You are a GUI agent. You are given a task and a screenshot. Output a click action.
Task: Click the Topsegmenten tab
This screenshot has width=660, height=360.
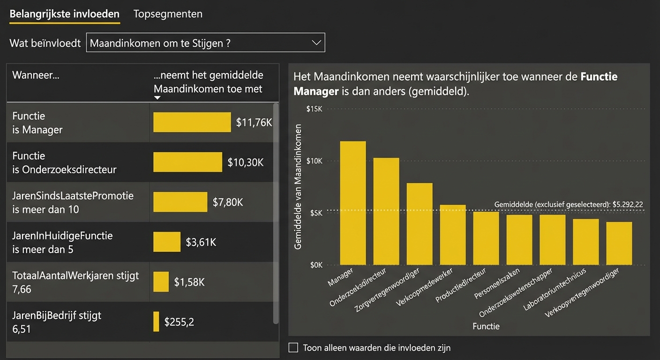(168, 14)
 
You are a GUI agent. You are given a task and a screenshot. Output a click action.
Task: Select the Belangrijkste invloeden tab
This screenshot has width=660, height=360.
(64, 14)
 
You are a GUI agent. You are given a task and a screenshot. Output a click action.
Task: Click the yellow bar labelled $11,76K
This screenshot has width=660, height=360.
(192, 122)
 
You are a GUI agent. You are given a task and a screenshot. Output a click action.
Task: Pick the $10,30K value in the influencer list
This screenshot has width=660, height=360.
(246, 163)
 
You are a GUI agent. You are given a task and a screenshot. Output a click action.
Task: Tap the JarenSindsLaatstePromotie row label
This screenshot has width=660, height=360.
(73, 202)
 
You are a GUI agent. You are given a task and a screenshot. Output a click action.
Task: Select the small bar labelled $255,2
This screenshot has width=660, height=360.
(156, 322)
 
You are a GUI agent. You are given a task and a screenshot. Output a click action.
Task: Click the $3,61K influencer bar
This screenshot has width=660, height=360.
(167, 242)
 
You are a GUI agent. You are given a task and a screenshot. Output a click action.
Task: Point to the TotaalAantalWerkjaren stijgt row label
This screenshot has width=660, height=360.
(75, 282)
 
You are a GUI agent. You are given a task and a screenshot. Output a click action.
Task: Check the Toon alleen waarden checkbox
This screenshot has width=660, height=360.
(293, 347)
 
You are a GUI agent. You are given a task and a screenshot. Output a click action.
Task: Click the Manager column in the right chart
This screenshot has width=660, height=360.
(352, 203)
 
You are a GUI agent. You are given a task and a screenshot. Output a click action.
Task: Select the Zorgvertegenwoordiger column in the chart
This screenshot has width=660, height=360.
(419, 224)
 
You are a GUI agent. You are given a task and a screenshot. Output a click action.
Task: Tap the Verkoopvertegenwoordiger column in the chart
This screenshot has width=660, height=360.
(619, 243)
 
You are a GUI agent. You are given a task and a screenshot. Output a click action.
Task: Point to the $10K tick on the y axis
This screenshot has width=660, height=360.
(314, 161)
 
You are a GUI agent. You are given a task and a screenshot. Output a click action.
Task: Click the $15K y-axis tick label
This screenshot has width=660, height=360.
(314, 109)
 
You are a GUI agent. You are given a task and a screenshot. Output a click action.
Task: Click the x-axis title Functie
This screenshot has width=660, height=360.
(486, 326)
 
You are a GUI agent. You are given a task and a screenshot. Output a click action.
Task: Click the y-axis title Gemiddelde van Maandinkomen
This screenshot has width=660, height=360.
(298, 187)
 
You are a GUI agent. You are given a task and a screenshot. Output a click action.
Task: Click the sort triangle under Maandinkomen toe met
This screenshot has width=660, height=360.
(157, 97)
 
